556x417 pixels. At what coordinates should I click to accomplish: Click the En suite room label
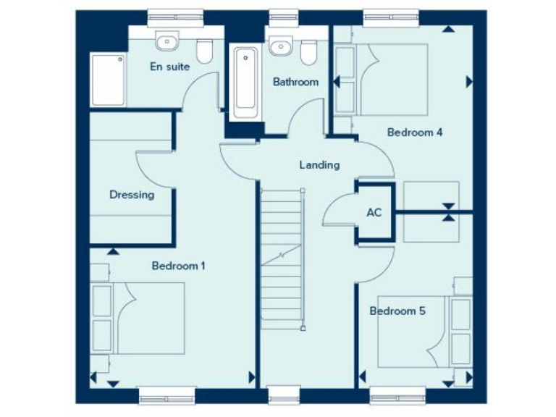click(x=170, y=67)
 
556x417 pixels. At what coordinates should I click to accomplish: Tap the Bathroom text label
click(x=295, y=82)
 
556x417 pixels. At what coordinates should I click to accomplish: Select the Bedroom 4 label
click(x=415, y=132)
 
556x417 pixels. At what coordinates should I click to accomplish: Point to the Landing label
click(x=319, y=165)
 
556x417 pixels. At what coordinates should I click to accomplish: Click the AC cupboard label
click(x=374, y=213)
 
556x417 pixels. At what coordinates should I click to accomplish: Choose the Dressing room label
click(x=132, y=194)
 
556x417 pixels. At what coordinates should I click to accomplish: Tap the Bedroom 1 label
click(x=178, y=266)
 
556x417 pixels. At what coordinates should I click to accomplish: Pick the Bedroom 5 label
click(x=397, y=311)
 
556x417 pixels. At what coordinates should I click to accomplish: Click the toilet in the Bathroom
click(x=309, y=52)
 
